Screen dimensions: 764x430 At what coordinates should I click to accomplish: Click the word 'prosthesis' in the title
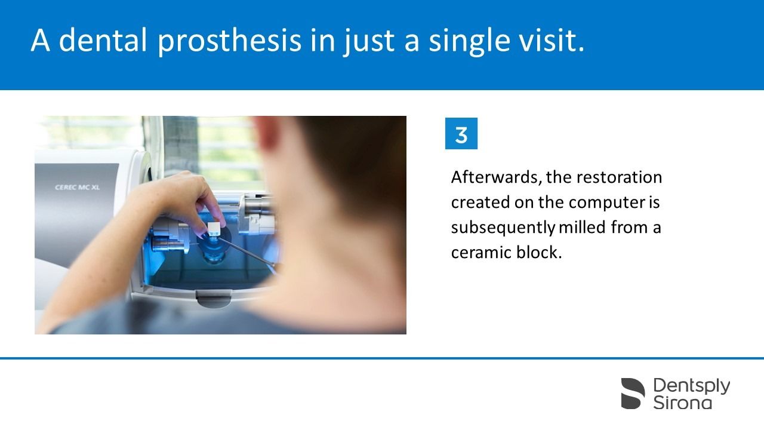coord(230,41)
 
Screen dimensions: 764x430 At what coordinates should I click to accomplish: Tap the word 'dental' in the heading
coord(103,40)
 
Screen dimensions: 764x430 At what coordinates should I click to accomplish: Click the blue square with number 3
coord(461,133)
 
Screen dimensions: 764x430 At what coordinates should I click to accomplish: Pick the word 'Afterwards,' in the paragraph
coord(496,177)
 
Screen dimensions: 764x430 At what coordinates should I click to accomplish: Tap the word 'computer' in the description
coord(607,203)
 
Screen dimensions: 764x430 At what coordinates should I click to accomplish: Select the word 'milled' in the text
coord(582,227)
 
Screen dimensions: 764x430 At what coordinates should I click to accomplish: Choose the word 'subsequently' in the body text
coord(503,228)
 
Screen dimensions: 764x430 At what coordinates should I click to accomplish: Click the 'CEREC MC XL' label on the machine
coord(78,188)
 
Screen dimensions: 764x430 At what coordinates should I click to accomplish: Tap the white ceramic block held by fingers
coord(214,228)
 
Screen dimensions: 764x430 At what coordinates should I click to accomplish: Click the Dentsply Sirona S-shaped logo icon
coord(633,394)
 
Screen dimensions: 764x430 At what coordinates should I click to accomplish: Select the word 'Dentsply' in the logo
coord(692,386)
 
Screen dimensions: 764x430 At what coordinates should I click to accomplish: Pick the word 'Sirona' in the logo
coord(682,403)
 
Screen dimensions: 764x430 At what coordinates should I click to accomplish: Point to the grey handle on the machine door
coord(214,298)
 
